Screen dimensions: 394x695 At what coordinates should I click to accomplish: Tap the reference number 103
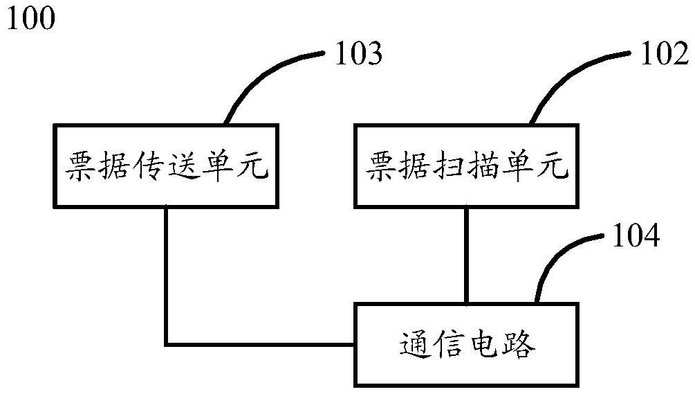pos(358,53)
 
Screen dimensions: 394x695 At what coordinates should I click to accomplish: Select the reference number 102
pos(662,53)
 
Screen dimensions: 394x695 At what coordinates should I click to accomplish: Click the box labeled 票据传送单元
pos(167,166)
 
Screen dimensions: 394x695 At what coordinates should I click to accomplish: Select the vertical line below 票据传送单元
pos(167,277)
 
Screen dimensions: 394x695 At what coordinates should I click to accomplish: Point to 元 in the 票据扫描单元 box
pos(554,166)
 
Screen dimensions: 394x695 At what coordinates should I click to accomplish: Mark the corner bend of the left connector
pos(167,344)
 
